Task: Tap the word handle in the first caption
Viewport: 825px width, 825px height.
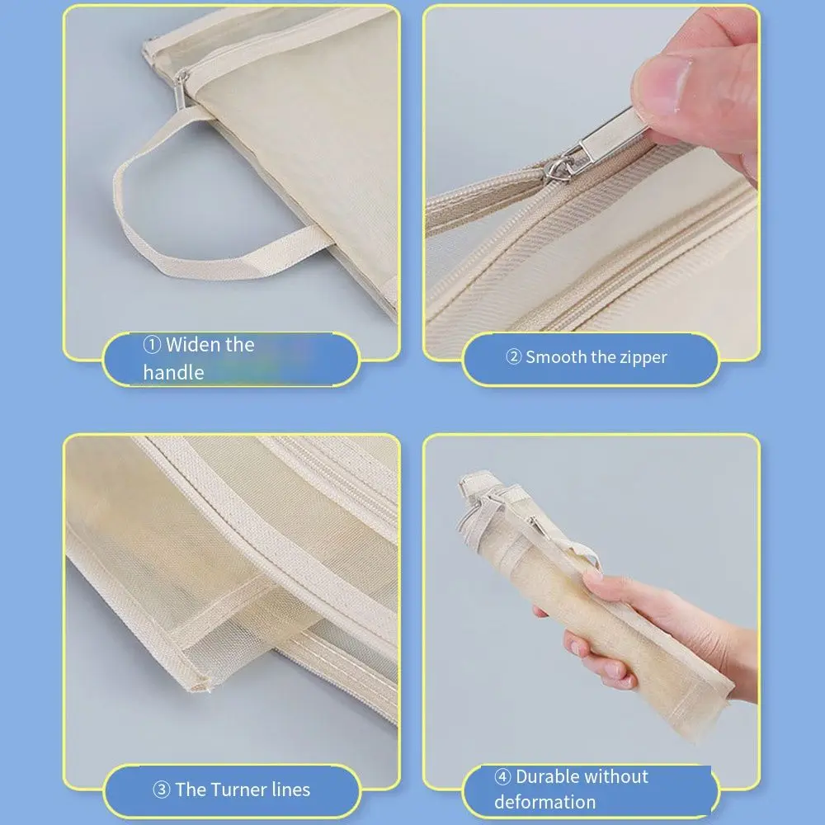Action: point(173,373)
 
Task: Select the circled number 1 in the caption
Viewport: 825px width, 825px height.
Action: point(152,345)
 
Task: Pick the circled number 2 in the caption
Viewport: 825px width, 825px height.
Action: point(513,358)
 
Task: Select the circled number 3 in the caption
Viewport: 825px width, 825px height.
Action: point(162,790)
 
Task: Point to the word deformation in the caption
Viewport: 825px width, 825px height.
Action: point(544,802)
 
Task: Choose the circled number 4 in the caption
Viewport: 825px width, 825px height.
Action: point(502,777)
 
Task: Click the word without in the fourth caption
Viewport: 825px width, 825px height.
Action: point(618,776)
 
